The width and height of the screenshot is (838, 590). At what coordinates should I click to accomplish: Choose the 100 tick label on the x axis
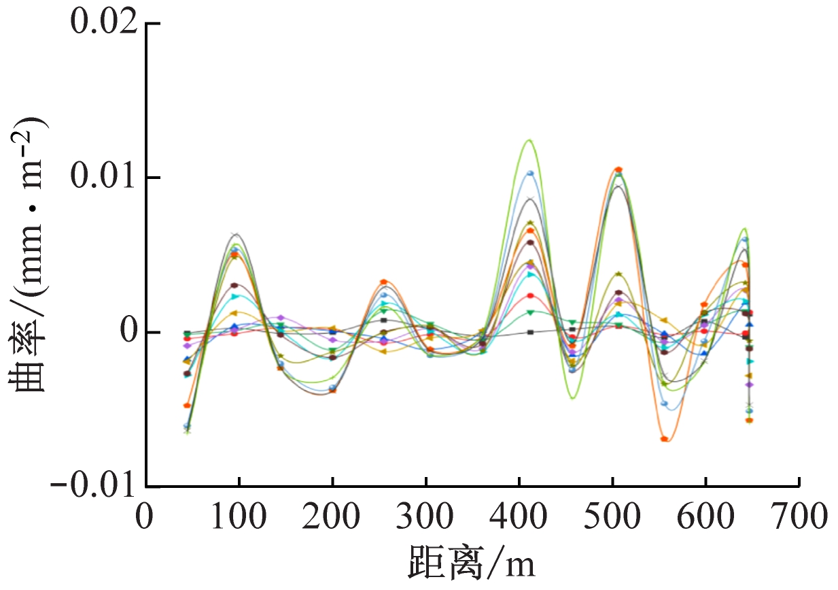[239, 518]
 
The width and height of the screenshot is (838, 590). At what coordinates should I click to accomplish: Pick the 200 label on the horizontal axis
[332, 518]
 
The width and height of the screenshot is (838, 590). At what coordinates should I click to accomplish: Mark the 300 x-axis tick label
[425, 518]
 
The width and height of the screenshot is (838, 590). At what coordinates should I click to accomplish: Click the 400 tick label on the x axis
[519, 518]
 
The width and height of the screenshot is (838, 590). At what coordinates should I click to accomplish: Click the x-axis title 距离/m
[472, 563]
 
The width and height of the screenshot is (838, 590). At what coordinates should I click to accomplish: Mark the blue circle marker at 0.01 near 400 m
[530, 174]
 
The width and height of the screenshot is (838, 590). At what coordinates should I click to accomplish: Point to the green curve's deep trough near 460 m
[572, 398]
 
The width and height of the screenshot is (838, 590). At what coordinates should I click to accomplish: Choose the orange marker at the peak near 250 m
[384, 282]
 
